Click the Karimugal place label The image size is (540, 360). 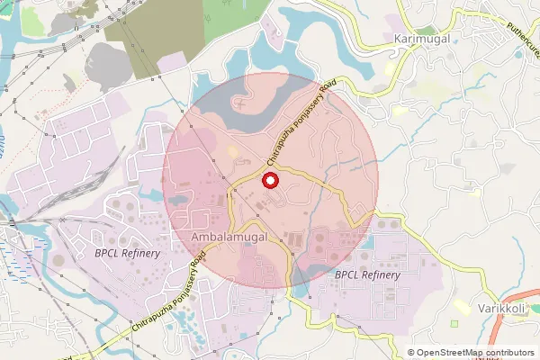pos(421,40)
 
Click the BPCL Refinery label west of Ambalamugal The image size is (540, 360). pos(127,253)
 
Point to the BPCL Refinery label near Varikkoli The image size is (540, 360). pos(367,274)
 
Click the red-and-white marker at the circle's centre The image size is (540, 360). pos(269,181)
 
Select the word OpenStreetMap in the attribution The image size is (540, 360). pos(452,353)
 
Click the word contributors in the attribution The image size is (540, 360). pos(511,353)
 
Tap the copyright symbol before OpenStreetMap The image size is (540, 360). pos(411,353)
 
